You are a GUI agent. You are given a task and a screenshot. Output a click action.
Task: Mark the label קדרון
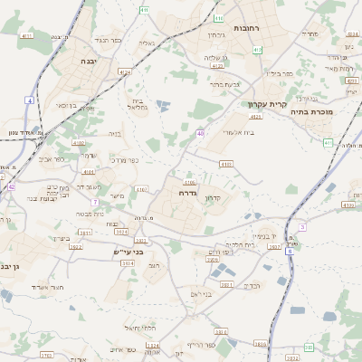[214, 197]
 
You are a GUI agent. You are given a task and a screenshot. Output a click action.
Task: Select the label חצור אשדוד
[44, 287]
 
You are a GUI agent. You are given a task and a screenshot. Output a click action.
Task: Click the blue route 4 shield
[30, 100]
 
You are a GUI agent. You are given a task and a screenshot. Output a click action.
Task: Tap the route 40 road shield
[199, 133]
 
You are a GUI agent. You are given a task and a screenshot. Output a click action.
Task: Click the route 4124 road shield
[125, 71]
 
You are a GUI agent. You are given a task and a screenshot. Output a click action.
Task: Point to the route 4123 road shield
[255, 117]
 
